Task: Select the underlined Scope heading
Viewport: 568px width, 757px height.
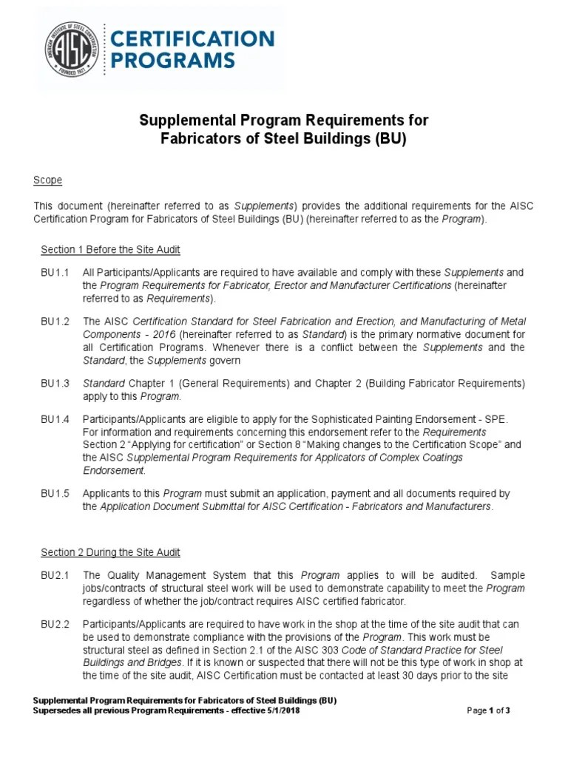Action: tap(48, 180)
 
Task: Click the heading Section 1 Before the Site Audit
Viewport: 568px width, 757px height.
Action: tap(111, 249)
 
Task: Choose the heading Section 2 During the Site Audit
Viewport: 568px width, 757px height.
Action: tap(111, 552)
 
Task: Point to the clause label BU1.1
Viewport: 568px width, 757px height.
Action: tap(55, 273)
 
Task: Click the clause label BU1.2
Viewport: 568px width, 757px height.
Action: tap(55, 322)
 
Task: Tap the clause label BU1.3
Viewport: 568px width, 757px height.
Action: tap(55, 383)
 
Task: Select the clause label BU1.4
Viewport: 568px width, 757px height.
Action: tap(55, 419)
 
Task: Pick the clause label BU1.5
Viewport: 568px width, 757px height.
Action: tap(55, 493)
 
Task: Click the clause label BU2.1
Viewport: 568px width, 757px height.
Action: tap(55, 575)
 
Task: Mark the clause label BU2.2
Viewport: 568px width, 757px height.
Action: tap(55, 624)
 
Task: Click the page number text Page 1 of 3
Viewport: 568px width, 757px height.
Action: tap(489, 710)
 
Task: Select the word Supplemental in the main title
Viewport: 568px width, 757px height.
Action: tap(185, 120)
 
